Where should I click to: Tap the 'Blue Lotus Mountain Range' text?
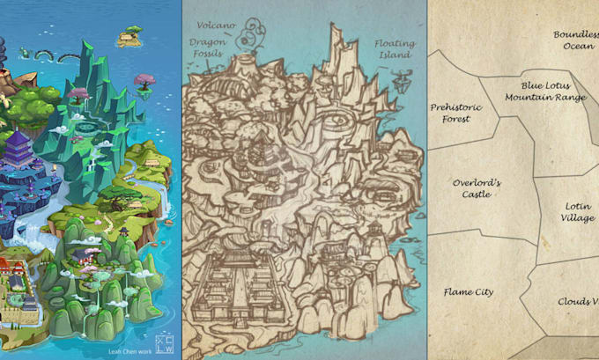coord(553,92)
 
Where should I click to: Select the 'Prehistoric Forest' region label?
coord(455,113)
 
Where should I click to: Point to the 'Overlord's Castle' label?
coord(477,188)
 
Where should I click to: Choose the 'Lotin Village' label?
coord(578,211)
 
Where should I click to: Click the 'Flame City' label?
coord(469,291)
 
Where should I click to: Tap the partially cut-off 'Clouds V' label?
coord(578,301)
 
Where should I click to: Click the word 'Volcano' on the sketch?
coord(217,24)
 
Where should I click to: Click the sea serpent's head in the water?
coord(24,53)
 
